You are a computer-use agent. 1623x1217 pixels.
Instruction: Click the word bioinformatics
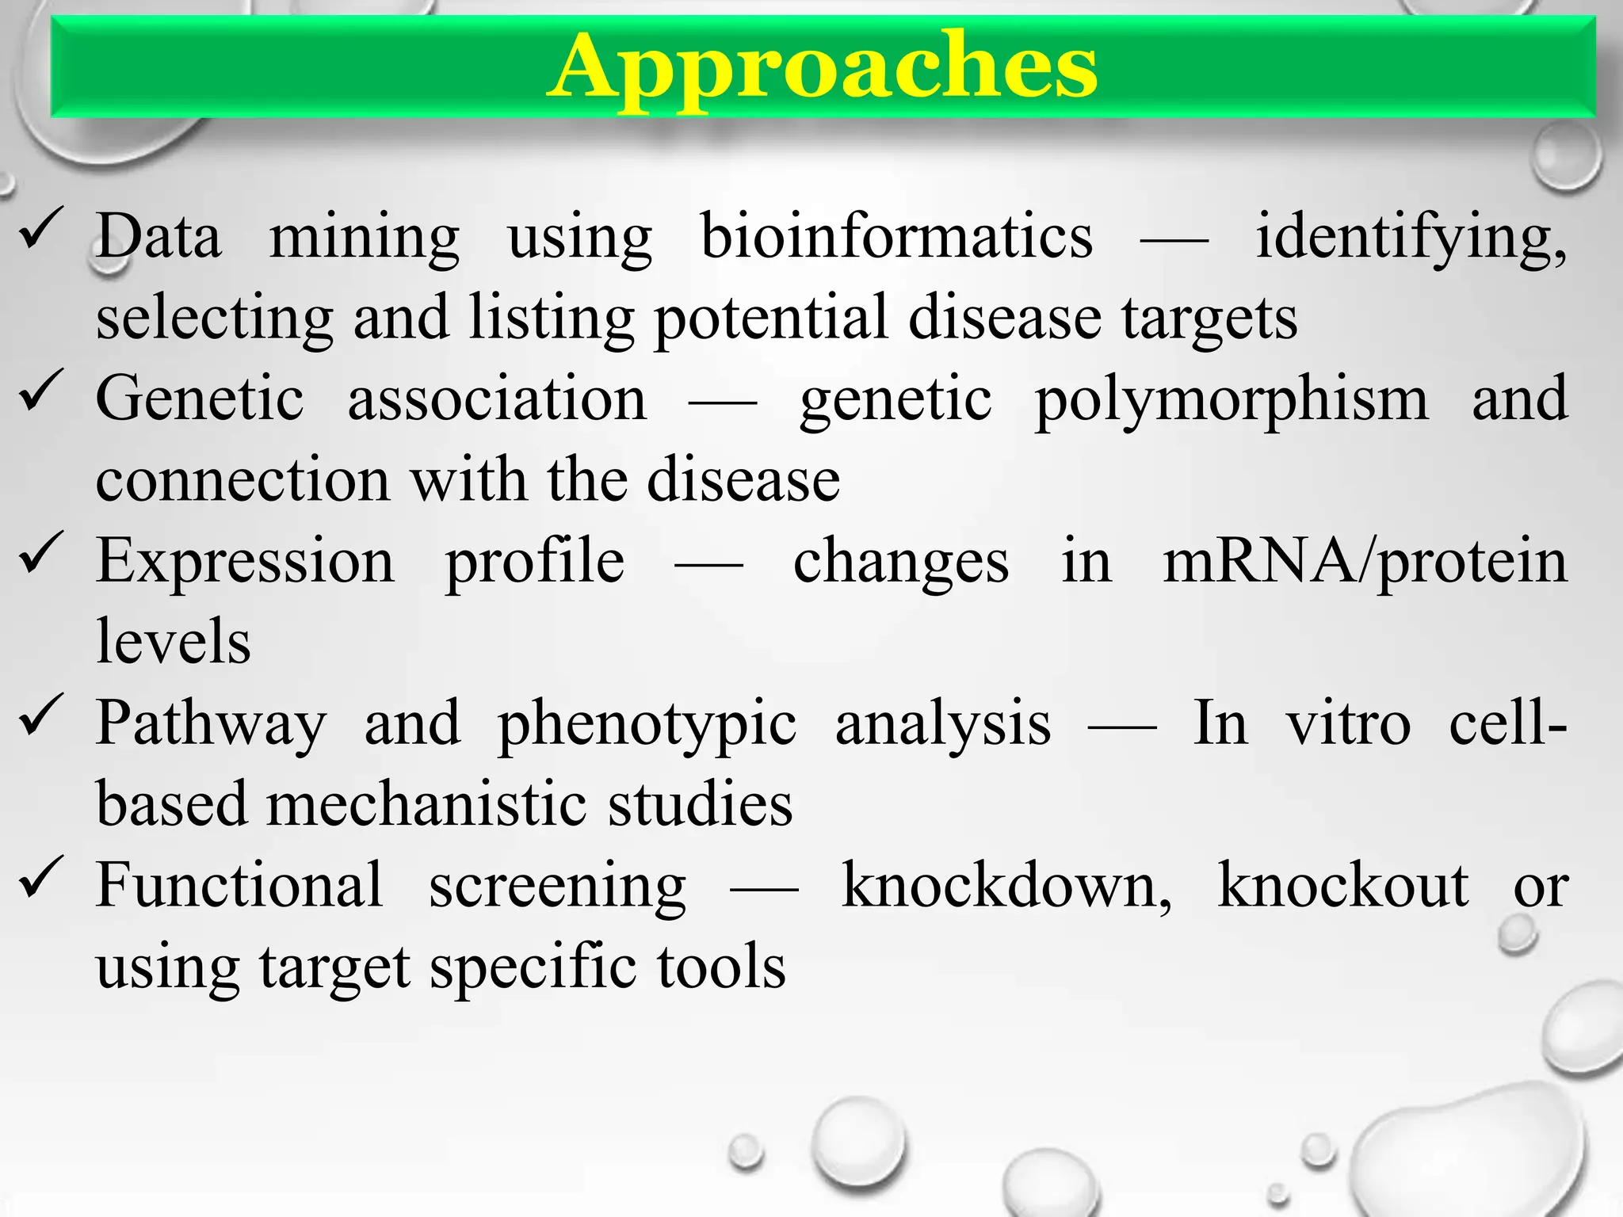(896, 237)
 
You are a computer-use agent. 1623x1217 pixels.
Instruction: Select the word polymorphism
(1232, 401)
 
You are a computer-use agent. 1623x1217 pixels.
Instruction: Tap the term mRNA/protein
(1364, 563)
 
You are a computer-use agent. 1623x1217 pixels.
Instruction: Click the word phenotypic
(647, 726)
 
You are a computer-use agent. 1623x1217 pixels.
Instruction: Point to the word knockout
(1342, 886)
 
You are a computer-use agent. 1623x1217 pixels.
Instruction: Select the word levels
(173, 642)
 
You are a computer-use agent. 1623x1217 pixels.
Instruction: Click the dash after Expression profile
(708, 564)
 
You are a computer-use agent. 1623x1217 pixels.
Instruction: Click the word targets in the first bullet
(1209, 320)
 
